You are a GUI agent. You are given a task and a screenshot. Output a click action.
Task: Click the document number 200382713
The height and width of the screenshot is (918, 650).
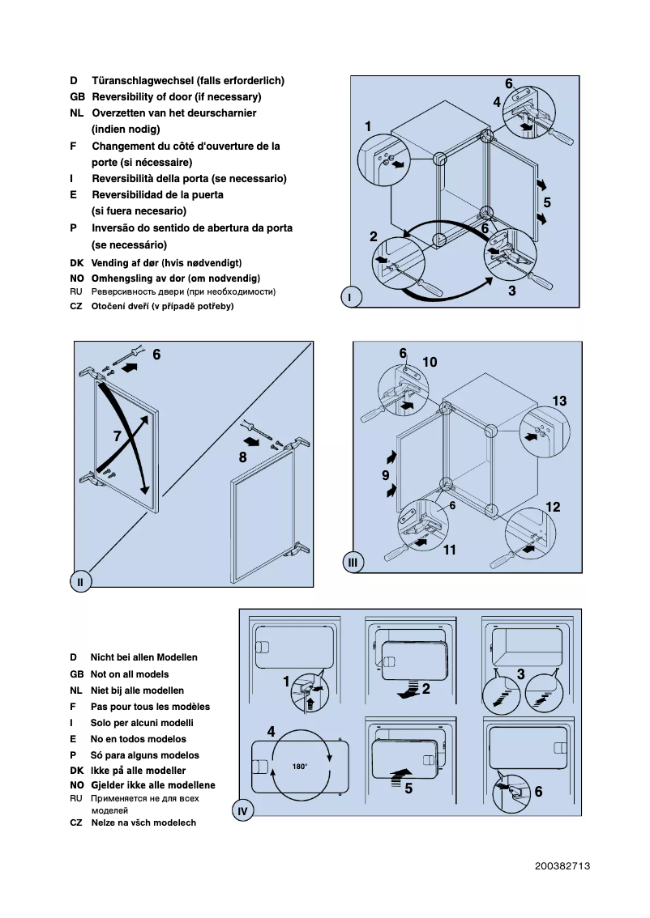(x=562, y=866)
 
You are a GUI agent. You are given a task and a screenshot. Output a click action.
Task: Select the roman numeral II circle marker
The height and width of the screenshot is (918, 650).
(x=80, y=580)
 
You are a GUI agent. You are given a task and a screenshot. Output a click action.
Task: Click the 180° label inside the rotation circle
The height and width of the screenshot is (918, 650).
(x=300, y=766)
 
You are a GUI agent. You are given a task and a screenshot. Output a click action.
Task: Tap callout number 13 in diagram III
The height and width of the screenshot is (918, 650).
(x=559, y=401)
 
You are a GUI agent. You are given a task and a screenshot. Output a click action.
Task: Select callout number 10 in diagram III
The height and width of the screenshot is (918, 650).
(x=430, y=363)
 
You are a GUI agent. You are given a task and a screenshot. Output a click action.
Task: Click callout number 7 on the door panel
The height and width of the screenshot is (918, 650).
(x=118, y=436)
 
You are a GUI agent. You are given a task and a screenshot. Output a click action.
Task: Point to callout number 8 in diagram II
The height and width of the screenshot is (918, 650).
(x=242, y=457)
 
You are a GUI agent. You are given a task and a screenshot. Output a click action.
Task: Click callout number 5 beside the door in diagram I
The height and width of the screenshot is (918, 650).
(x=547, y=202)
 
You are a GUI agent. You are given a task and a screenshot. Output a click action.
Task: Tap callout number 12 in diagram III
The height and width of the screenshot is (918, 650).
(x=553, y=508)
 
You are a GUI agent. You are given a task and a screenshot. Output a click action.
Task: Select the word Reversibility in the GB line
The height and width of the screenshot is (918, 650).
(x=128, y=97)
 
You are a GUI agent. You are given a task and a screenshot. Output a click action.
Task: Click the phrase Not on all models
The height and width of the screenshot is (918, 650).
(x=130, y=674)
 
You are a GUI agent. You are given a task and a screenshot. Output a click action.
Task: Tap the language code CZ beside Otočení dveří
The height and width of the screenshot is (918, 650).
(x=76, y=306)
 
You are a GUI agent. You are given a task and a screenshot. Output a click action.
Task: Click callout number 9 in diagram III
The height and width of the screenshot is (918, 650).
(x=386, y=475)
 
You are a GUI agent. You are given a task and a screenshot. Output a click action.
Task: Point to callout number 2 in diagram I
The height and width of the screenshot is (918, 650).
(x=374, y=237)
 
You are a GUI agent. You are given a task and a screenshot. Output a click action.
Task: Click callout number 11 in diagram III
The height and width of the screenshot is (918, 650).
(x=450, y=550)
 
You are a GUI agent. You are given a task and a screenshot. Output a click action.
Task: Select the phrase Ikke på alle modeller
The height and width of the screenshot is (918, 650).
(x=138, y=771)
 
